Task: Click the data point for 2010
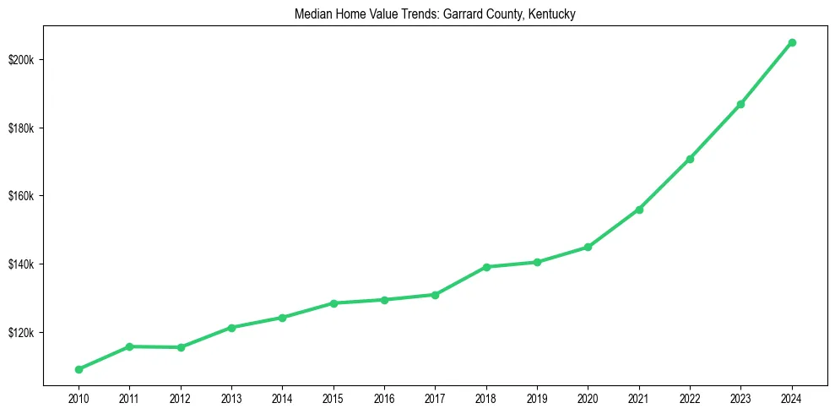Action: tap(79, 369)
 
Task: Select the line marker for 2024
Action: tap(792, 42)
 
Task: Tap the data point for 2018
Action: tap(486, 267)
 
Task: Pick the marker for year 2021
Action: tap(639, 210)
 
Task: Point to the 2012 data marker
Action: tap(181, 347)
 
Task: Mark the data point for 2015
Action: tap(333, 303)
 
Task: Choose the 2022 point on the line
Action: tap(690, 159)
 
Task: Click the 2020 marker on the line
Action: tap(588, 247)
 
